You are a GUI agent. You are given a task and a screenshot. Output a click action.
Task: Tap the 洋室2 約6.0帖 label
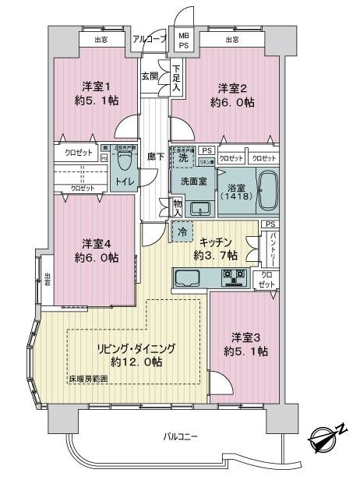pyautogui.click(x=232, y=94)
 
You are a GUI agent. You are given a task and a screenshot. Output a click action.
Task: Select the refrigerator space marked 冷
pyautogui.click(x=181, y=231)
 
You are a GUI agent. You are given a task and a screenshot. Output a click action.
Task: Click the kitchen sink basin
pyautogui.click(x=189, y=277)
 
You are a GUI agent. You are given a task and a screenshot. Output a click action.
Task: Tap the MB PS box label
pyautogui.click(x=183, y=40)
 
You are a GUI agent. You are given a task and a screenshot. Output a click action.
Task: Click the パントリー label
pyautogui.click(x=270, y=248)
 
